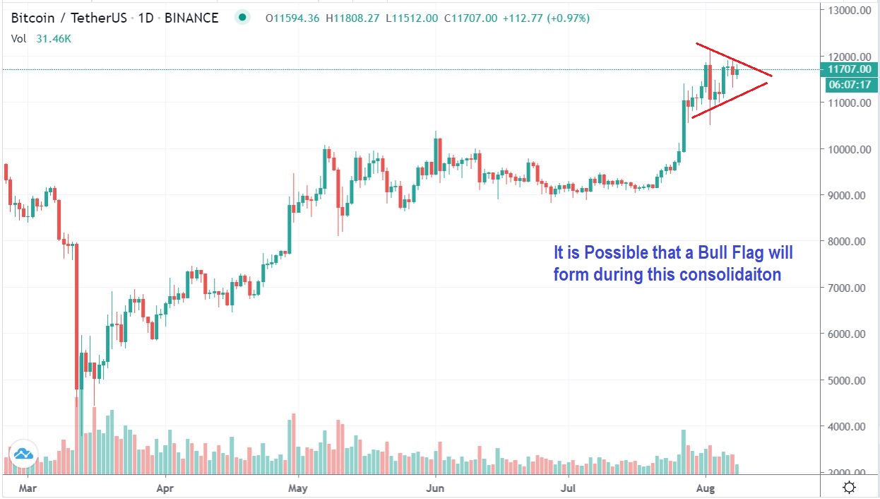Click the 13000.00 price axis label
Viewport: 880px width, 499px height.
point(848,10)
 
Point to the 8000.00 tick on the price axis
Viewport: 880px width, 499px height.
point(848,241)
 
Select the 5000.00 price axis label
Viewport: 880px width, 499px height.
point(848,380)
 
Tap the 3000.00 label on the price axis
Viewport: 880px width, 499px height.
point(848,472)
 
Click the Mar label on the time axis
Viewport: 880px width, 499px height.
point(27,488)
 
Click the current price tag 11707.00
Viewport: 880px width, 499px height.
point(848,69)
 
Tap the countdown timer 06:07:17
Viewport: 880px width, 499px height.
point(848,84)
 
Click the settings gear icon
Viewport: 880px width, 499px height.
point(850,488)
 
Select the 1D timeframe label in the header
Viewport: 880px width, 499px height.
point(146,18)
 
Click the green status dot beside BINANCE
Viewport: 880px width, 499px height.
point(243,18)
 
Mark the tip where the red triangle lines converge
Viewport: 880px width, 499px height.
point(771,76)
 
